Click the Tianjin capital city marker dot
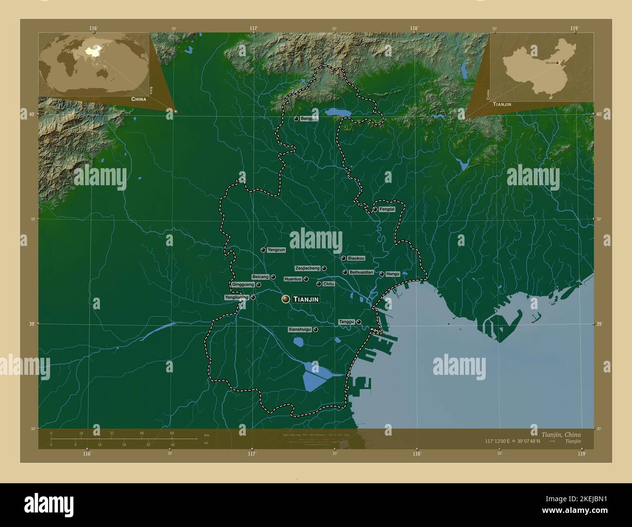pyautogui.click(x=285, y=299)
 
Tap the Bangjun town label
pyautogui.click(x=309, y=118)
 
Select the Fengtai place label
pyautogui.click(x=387, y=209)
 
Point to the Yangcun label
pyautogui.click(x=276, y=250)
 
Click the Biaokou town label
pyautogui.click(x=356, y=258)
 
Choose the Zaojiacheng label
pyautogui.click(x=307, y=268)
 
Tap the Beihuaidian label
pyautogui.click(x=361, y=273)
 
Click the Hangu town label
pyautogui.click(x=392, y=274)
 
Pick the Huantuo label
pyautogui.click(x=293, y=279)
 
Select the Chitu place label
pyautogui.click(x=329, y=284)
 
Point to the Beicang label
pyautogui.click(x=260, y=277)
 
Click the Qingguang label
pyautogui.click(x=243, y=284)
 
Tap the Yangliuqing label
pyautogui.click(x=237, y=297)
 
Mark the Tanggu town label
pyautogui.click(x=346, y=322)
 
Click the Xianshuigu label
pyautogui.click(x=299, y=330)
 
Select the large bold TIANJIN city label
pyautogui.click(x=306, y=299)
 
